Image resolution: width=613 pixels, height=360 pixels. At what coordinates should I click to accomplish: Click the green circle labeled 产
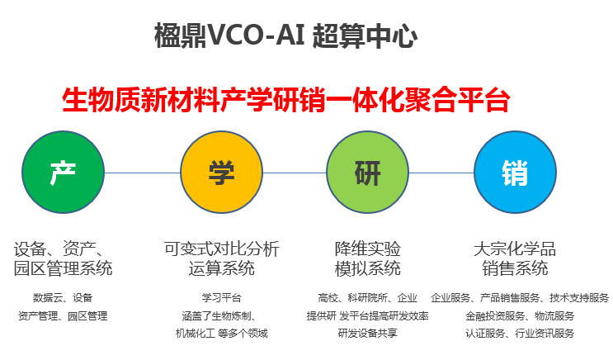[63, 173]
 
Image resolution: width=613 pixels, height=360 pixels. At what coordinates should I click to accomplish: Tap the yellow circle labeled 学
[221, 173]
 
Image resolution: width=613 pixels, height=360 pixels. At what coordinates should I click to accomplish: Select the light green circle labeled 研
[367, 173]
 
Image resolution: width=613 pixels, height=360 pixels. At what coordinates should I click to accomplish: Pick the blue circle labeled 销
[516, 173]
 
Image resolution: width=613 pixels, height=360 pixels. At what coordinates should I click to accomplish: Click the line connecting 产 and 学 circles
[142, 173]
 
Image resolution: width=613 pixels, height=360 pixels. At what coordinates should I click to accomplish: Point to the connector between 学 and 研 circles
[295, 173]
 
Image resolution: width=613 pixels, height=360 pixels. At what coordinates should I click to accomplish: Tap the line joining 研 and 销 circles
[441, 173]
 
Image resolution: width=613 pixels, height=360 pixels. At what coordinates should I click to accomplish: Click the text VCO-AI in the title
[256, 36]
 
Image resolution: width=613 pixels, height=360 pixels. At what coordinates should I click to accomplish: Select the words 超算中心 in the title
[365, 36]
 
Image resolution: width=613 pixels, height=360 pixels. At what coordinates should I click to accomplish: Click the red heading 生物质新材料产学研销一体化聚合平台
[285, 100]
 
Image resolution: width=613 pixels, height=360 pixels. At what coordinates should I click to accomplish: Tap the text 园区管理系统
[63, 268]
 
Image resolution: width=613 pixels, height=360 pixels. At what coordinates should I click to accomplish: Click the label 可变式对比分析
[221, 249]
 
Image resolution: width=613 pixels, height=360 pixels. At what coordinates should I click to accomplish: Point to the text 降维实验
[367, 249]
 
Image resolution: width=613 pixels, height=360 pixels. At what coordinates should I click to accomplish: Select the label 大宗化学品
[515, 249]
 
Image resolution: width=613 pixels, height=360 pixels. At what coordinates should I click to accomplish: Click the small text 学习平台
[221, 298]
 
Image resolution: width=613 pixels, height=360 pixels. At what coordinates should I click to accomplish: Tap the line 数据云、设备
[63, 298]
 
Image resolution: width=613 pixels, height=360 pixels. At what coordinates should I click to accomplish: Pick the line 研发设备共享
[367, 333]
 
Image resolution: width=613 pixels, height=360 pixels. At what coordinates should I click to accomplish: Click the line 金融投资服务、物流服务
[520, 315]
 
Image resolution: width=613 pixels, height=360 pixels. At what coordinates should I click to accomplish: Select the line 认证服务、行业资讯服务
[520, 334]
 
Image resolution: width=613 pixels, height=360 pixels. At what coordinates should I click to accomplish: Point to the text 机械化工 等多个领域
[221, 334]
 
